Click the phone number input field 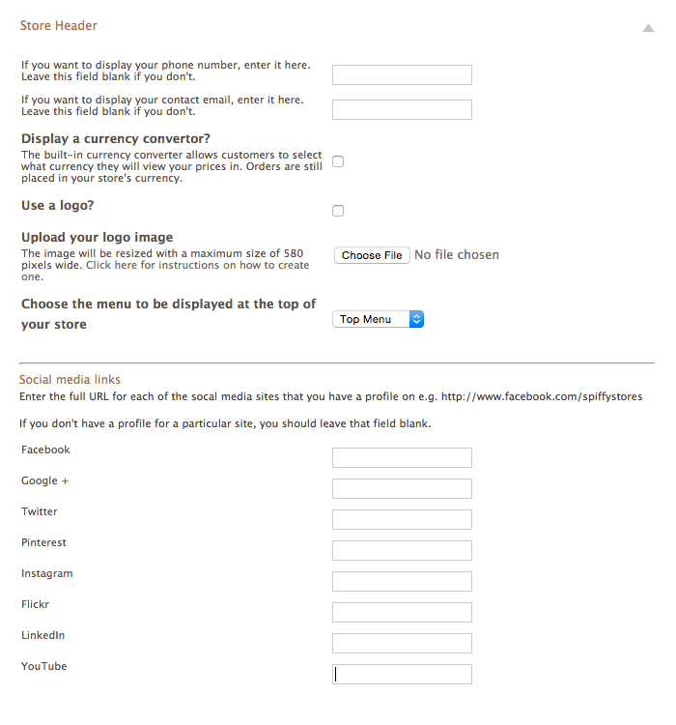coord(402,75)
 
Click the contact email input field coord(402,110)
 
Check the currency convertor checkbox coord(338,161)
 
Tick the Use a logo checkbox coord(338,211)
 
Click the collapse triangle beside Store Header coord(648,29)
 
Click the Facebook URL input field coord(402,458)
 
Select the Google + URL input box coord(402,489)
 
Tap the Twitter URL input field coord(402,520)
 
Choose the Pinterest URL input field coord(402,551)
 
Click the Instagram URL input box coord(402,582)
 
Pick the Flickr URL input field coord(402,613)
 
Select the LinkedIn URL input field coord(402,644)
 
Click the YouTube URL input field coord(402,675)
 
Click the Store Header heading coord(58,26)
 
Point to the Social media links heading coord(70,380)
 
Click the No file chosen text coord(457,255)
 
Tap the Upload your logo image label coord(97,238)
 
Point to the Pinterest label coord(43,543)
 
